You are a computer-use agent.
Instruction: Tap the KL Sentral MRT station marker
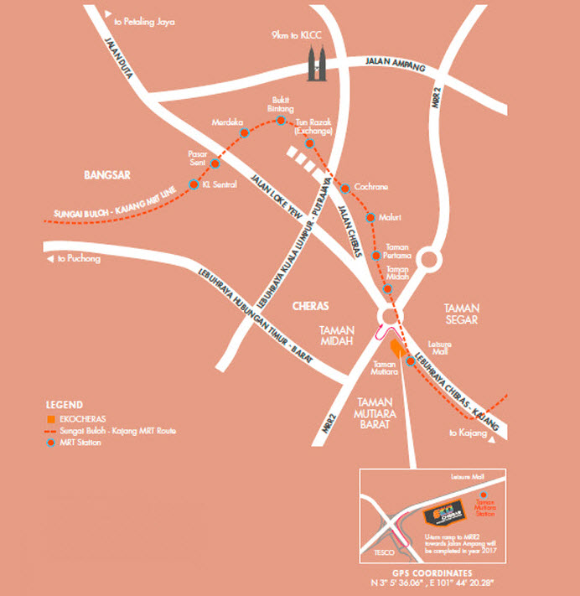(194, 184)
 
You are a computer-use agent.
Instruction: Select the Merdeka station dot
(245, 132)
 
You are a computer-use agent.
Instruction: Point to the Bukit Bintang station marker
(282, 122)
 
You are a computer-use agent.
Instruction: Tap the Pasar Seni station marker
(215, 163)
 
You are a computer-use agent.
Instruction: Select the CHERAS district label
(312, 306)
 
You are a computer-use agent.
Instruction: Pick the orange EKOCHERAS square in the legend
(51, 417)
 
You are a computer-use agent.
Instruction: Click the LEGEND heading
(64, 403)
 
